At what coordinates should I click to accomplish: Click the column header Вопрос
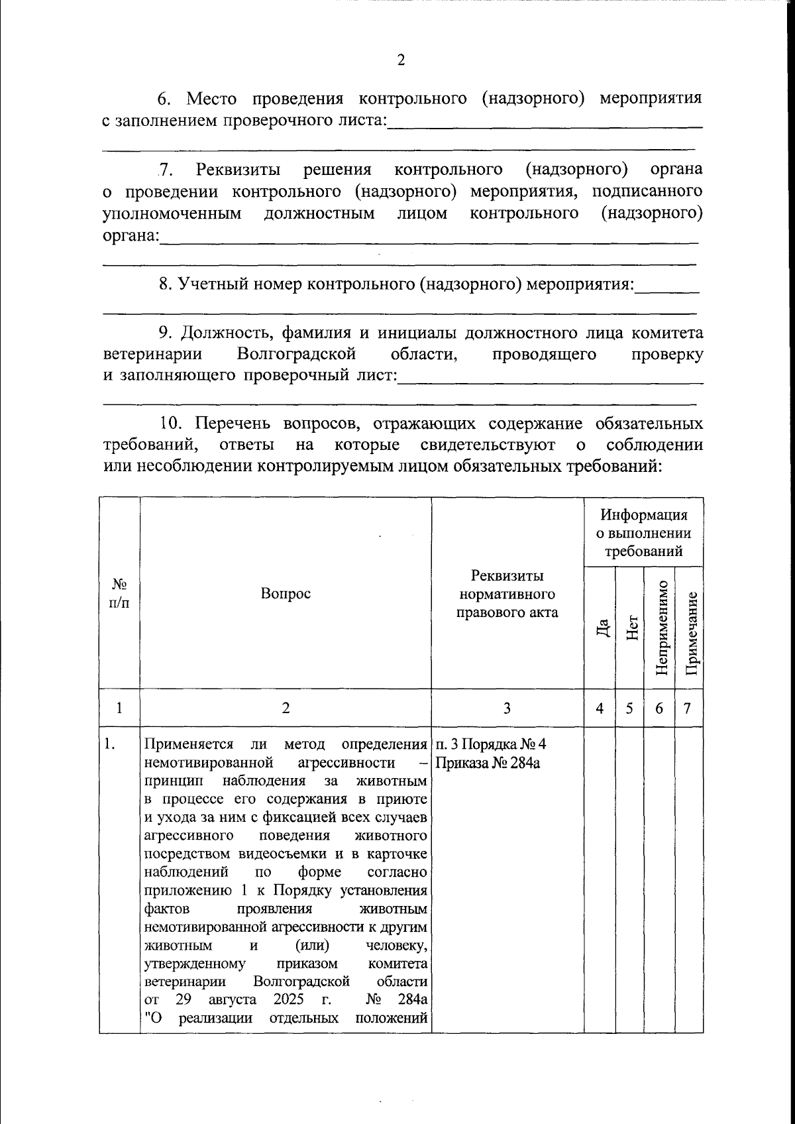coord(286,594)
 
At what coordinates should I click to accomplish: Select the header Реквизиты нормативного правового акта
coord(507,594)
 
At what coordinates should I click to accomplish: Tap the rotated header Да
coord(601,626)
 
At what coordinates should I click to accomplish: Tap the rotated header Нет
coord(631,626)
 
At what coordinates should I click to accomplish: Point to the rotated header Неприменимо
coord(660,626)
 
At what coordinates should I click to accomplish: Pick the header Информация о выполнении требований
coord(643,533)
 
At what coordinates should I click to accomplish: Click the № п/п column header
coord(119,594)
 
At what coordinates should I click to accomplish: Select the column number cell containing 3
coord(507,708)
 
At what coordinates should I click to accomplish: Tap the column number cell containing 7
coord(688,708)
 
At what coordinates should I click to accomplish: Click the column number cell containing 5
coord(630,708)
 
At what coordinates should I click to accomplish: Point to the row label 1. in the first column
coord(111,744)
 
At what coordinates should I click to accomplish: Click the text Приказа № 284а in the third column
coord(488,763)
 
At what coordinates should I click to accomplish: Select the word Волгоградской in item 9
coord(292,354)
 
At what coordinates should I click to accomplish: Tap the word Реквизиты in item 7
coord(238,169)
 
